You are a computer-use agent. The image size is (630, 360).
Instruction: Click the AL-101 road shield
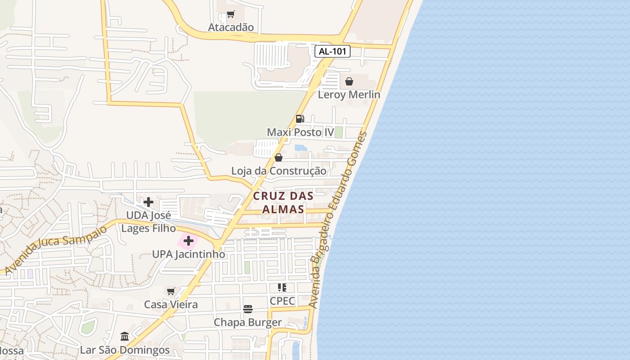coord(333,51)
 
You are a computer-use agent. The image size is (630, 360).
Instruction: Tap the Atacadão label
coord(231,27)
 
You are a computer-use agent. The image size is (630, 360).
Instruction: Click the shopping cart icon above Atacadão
coord(231,14)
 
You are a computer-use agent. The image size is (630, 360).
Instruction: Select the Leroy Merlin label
coord(349,94)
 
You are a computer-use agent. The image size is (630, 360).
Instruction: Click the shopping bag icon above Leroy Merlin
coord(349,81)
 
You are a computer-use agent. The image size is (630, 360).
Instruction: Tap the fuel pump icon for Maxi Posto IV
coord(300,119)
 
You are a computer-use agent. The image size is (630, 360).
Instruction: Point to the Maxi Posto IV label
coord(301,132)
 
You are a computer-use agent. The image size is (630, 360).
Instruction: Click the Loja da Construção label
coord(279,171)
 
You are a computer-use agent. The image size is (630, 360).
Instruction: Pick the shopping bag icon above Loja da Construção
coord(279,157)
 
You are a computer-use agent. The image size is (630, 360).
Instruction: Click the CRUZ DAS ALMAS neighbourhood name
coord(283,202)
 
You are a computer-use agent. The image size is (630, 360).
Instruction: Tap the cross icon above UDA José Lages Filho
coord(148,202)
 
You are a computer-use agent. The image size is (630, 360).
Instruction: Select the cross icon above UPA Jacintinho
coord(189,241)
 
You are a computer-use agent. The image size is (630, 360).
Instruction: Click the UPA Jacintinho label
coord(189,254)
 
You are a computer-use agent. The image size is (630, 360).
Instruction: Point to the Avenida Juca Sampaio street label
coord(56,248)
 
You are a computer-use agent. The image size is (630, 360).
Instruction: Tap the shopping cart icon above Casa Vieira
coord(171,291)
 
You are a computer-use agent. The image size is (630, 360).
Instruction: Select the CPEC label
coord(282,301)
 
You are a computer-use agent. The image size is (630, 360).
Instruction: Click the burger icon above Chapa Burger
coord(248,309)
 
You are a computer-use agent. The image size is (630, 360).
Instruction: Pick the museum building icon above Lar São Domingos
coord(125,336)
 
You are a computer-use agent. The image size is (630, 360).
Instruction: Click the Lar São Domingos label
coord(125,350)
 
